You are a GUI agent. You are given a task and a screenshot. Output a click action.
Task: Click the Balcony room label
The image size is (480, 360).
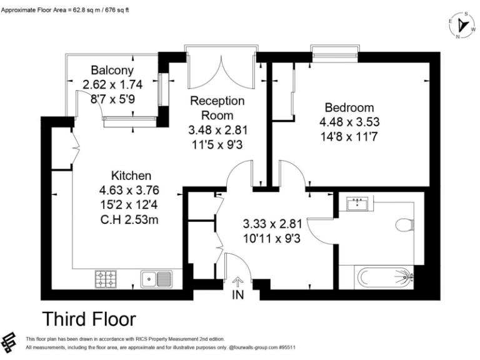coord(112,70)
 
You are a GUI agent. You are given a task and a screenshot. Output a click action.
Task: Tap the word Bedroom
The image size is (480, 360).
coord(349,107)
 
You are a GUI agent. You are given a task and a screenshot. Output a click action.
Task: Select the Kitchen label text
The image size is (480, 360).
coord(131,176)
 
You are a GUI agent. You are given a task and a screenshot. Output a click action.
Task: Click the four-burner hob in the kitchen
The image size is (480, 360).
coord(106,279)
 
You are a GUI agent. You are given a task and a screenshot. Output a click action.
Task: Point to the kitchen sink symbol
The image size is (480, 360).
coord(156,279)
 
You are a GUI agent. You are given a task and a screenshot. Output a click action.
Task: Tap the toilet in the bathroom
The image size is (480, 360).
coord(405,225)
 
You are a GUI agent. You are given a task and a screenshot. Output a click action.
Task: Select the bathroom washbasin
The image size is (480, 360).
coord(357,204)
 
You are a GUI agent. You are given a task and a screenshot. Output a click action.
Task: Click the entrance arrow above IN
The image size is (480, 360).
coord(237,282)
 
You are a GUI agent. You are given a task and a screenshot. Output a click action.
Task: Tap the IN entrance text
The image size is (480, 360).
coord(238,295)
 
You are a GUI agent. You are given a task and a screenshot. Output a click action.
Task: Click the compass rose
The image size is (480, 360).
coord(462,25)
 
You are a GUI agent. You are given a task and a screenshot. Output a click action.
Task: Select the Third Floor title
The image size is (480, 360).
coord(89,319)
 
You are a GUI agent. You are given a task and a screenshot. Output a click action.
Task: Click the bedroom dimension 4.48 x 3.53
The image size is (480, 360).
coord(349,122)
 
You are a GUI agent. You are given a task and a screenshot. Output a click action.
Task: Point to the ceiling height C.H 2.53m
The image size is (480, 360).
coord(129,219)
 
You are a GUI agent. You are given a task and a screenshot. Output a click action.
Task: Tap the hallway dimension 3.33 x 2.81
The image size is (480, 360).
coord(272,224)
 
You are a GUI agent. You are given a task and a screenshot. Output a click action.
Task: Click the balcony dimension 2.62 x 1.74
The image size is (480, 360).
coord(112,84)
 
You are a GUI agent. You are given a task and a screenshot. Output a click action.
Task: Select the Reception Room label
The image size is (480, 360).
coord(217,107)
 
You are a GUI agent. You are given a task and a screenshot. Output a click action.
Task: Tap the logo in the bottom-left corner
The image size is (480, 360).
coord(9,342)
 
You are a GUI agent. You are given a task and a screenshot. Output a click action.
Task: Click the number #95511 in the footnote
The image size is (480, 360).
coord(287,347)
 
